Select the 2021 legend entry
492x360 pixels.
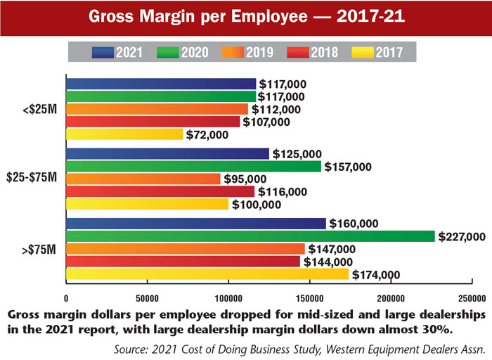118,51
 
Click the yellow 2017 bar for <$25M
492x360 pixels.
124,134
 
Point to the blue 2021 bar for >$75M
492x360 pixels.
196,224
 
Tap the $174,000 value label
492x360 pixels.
376,275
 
